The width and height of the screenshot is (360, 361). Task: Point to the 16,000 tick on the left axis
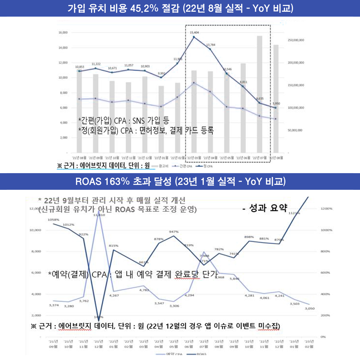click(63, 33)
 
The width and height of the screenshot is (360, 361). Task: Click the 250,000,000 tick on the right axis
click(295, 40)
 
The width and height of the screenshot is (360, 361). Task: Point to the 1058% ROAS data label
click(54, 220)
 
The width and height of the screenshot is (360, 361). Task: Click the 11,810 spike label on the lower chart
click(100, 215)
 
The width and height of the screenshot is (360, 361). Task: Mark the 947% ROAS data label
click(173, 231)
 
